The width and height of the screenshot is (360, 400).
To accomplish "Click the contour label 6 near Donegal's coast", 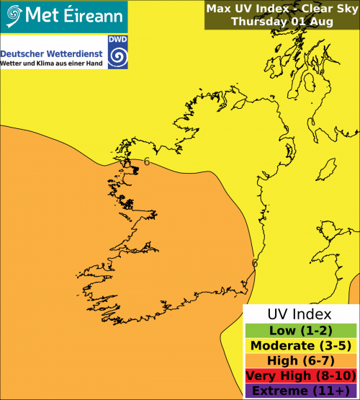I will coord(147,161).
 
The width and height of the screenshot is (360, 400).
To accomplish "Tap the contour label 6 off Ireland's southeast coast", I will coord(254,263).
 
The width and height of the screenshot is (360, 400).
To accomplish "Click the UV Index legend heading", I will coord(300,314).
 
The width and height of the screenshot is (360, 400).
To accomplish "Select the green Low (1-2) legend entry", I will coord(300,330).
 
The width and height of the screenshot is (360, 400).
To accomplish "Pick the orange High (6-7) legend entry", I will coord(300,360).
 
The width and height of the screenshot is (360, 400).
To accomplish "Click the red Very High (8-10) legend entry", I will coord(300,375).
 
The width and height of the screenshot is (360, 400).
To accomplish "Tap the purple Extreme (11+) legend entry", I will coord(300,391).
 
